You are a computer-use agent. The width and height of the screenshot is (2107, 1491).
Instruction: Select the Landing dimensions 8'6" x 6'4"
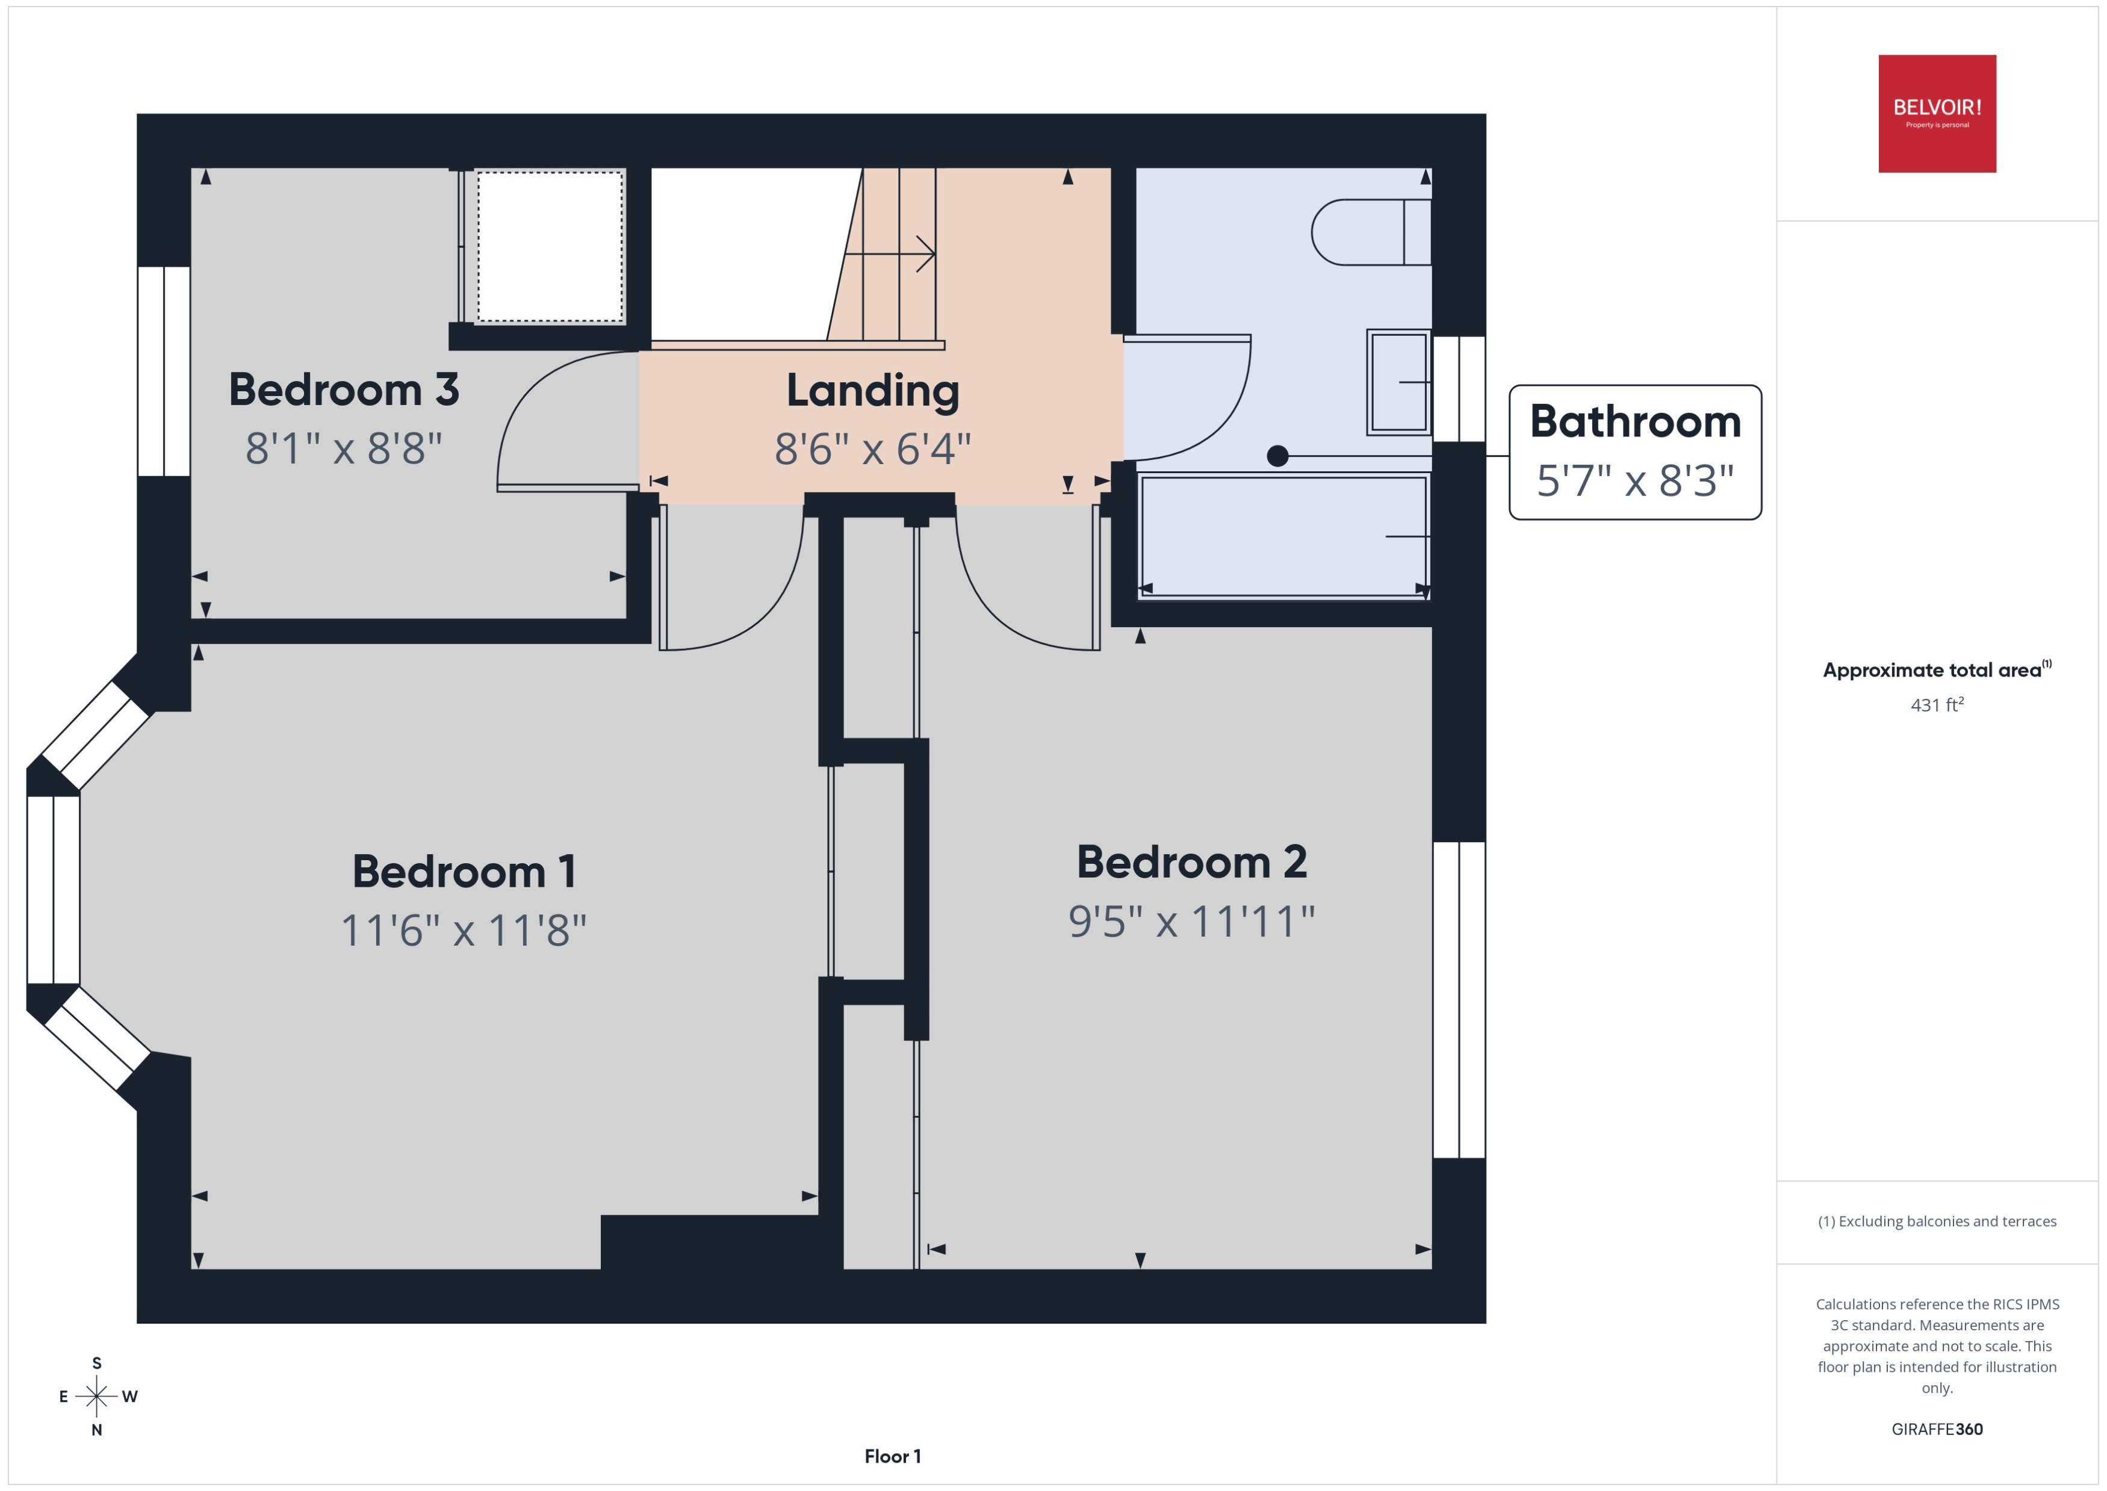pos(872,449)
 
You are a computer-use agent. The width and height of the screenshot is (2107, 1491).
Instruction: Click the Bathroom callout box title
pos(1635,421)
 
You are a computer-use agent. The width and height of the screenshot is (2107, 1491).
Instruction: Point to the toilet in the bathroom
pos(1368,232)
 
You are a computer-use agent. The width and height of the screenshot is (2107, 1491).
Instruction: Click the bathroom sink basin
pos(1398,382)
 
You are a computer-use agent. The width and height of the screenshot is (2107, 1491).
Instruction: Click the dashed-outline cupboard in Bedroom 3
pos(549,246)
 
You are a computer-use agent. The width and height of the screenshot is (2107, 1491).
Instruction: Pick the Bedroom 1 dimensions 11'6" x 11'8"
pos(464,930)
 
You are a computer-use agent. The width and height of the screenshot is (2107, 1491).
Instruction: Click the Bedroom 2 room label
pos(1192,862)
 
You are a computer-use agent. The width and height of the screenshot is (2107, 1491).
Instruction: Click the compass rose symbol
pos(96,1396)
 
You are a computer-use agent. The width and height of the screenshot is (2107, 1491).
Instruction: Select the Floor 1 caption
pos(892,1456)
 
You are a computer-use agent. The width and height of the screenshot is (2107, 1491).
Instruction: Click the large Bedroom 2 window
pos(1459,1000)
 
